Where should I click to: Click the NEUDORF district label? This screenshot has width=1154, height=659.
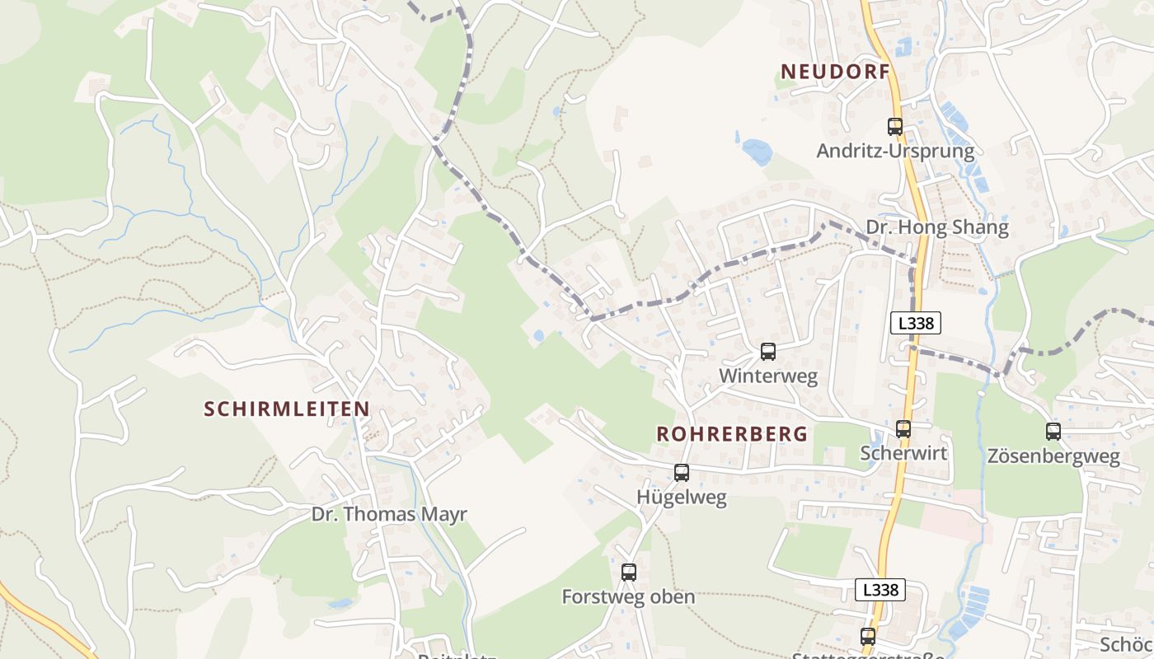[x=836, y=72]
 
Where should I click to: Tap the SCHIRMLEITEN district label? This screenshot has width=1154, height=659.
[x=286, y=409]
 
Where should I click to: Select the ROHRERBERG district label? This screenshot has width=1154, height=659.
[x=731, y=434]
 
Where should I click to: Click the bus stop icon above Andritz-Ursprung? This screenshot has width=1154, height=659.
[x=895, y=127]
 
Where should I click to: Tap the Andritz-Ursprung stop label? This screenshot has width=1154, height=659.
[x=895, y=152]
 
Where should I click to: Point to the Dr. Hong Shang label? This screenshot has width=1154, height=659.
[x=936, y=228]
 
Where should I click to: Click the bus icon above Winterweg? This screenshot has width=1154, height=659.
[x=768, y=352]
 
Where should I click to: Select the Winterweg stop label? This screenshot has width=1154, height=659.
[x=768, y=376]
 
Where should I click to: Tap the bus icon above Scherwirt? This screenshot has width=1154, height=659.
[x=903, y=429]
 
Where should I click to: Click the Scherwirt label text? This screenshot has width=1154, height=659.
[x=903, y=453]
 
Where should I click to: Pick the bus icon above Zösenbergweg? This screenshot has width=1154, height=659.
[x=1053, y=432]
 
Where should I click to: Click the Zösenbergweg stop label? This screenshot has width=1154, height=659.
[x=1053, y=456]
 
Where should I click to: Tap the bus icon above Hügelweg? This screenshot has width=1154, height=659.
[x=682, y=473]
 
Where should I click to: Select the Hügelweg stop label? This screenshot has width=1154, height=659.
[x=682, y=498]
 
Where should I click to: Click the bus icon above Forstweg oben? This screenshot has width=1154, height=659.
[x=629, y=573]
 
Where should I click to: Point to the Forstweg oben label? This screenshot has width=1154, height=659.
[x=628, y=597]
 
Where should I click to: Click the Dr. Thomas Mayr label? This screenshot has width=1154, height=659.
[x=389, y=515]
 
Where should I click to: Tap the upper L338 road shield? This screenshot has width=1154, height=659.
[x=916, y=324]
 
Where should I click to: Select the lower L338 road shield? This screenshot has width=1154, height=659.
[x=880, y=590]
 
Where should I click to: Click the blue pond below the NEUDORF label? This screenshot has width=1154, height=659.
[x=757, y=152]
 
